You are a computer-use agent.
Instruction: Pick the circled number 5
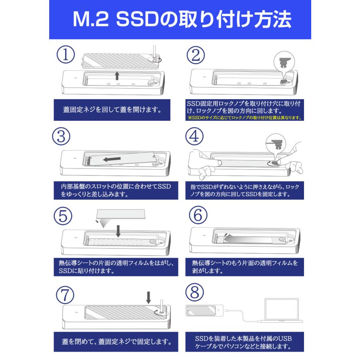[x=63, y=216]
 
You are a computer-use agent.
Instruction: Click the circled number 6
[x=196, y=216]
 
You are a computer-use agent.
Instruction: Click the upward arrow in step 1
[x=116, y=76]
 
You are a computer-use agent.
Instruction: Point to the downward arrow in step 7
[x=148, y=296]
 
